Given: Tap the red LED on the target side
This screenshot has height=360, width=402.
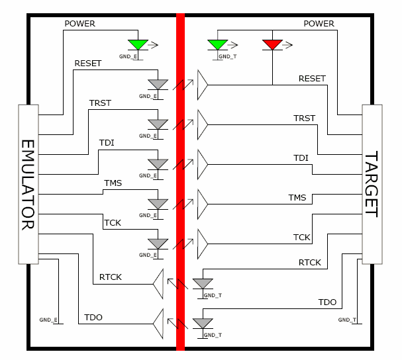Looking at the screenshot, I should [272, 45].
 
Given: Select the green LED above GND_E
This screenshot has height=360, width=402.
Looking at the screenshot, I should [138, 45].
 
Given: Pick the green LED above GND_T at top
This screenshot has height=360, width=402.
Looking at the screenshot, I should [217, 45].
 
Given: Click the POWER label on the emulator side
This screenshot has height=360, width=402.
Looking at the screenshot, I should [79, 24].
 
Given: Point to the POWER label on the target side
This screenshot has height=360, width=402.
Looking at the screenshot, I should [319, 24].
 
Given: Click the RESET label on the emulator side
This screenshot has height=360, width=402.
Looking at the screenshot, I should [87, 64].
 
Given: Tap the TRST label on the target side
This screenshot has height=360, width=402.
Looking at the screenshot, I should [305, 118].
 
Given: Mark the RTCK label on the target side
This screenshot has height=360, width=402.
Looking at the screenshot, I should [309, 263].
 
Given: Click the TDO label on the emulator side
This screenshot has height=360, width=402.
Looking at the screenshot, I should [93, 318].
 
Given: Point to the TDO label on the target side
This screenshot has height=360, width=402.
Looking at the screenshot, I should [327, 302].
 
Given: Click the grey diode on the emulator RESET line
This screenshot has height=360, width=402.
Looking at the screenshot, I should [158, 84].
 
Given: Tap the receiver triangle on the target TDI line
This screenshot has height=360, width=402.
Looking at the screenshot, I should [202, 163].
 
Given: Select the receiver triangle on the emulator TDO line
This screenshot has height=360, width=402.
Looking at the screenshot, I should [158, 323].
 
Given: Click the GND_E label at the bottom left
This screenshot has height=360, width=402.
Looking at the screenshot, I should [48, 320].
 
